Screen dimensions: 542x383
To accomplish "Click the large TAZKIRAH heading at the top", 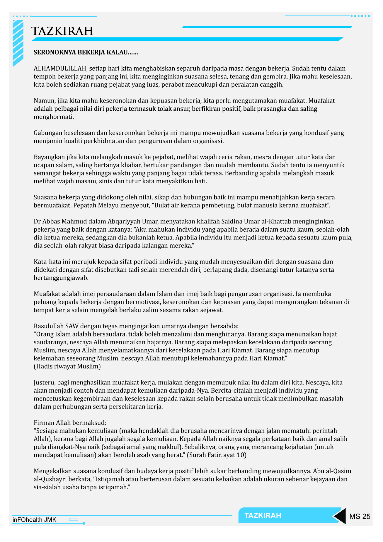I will pyautogui.click(x=62, y=31).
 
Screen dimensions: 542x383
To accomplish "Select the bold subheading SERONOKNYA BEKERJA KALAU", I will pyautogui.click(x=86, y=52).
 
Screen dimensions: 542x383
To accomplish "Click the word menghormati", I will pyautogui.click(x=54, y=117).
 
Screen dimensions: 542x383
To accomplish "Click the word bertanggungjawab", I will pyautogui.click(x=61, y=278).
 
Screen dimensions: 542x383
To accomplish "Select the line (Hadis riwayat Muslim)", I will pyautogui.click(x=67, y=366).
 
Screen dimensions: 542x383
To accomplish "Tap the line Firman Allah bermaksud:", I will pyautogui.click(x=70, y=423).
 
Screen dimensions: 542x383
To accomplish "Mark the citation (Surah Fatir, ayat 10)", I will pyautogui.click(x=217, y=455).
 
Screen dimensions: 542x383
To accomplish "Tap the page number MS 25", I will pyautogui.click(x=360, y=517).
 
